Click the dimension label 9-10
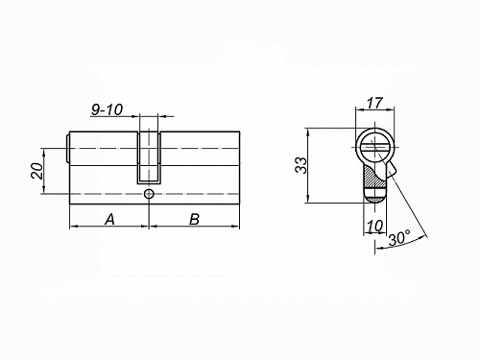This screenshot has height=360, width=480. pyautogui.click(x=108, y=109)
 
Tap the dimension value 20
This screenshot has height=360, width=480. pyautogui.click(x=36, y=171)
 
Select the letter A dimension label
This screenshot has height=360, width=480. pyautogui.click(x=109, y=220)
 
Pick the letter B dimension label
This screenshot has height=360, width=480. pyautogui.click(x=194, y=220)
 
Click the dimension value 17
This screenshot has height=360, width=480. pyautogui.click(x=374, y=103)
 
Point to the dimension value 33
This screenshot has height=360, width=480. pyautogui.click(x=300, y=165)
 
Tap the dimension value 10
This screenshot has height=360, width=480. pyautogui.click(x=374, y=227)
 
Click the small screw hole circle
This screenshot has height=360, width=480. pyautogui.click(x=148, y=194)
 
